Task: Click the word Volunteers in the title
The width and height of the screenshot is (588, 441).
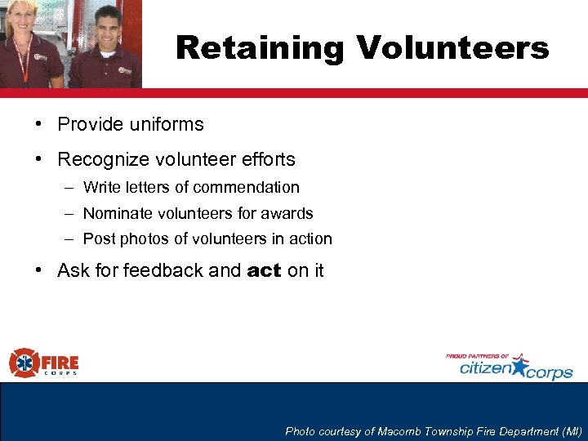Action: tap(452, 48)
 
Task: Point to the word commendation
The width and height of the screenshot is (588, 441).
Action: tap(247, 187)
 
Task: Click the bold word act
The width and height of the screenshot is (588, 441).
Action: tap(264, 270)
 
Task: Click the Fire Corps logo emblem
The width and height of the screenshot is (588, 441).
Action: tap(24, 363)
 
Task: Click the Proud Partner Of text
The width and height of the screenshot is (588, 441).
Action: tap(478, 356)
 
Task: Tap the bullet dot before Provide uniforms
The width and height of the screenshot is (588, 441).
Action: tap(38, 124)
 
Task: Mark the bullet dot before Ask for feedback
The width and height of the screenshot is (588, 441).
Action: tap(38, 270)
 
